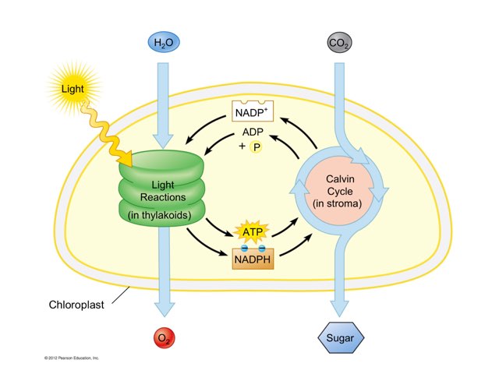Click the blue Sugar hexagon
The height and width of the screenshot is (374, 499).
pyautogui.click(x=341, y=339)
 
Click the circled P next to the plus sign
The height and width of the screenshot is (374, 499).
pyautogui.click(x=256, y=148)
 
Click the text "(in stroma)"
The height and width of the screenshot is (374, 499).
pyautogui.click(x=339, y=204)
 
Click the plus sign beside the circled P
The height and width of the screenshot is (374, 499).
pyautogui.click(x=242, y=146)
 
